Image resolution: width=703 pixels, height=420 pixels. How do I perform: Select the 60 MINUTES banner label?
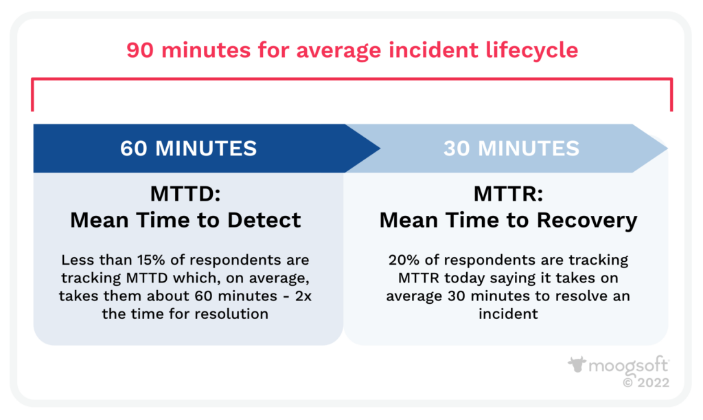189,148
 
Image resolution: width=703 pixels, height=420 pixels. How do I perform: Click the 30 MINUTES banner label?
511,148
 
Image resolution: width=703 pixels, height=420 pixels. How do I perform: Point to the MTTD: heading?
185,195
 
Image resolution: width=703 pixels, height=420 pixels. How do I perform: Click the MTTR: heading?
508,195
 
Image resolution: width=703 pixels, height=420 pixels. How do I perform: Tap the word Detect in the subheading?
265,220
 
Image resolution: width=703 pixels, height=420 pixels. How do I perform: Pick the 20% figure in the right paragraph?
404,261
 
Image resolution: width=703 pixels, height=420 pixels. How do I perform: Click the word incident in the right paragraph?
508,314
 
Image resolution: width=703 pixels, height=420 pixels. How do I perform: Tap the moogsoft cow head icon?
576,365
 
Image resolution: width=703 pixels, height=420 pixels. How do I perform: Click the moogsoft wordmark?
627,365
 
